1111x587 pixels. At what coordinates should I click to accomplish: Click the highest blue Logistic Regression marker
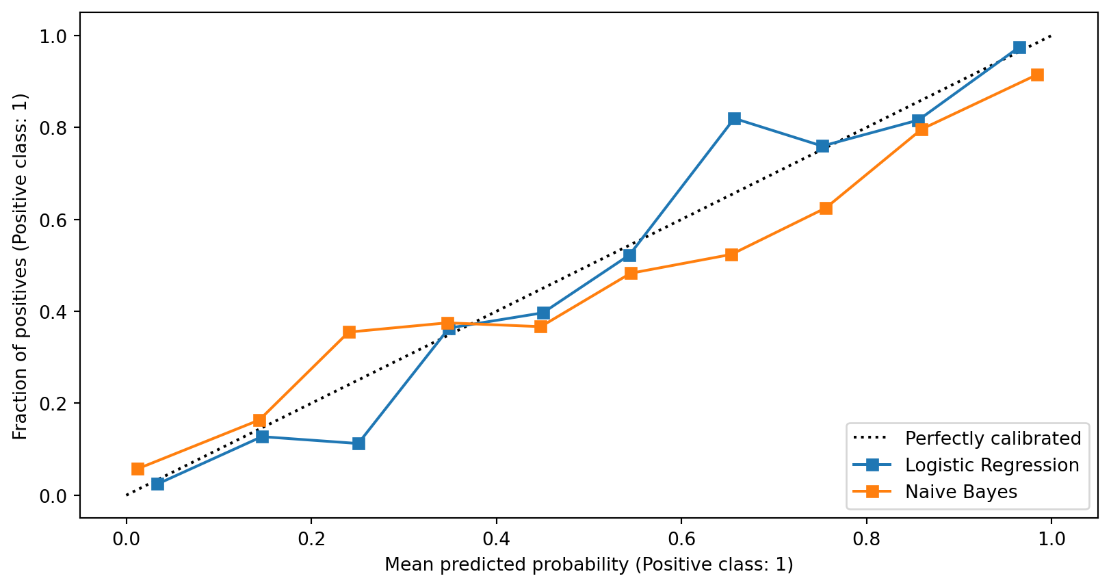coord(1019,47)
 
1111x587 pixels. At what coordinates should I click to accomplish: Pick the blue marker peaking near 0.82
coord(734,118)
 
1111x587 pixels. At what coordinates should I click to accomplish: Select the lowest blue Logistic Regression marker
coord(157,484)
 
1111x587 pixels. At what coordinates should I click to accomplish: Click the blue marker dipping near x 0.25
coord(358,443)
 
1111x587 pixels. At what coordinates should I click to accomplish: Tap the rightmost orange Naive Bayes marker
coord(1037,75)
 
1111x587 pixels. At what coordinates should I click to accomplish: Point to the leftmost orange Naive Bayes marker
coord(138,469)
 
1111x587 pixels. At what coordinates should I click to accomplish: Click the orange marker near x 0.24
coord(349,332)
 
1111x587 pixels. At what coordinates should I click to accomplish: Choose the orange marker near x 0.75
coord(826,208)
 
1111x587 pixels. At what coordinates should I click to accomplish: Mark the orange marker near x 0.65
coord(731,255)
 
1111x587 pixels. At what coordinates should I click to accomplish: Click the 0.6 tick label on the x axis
coord(681,539)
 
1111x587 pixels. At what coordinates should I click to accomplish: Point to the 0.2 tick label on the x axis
coord(311,539)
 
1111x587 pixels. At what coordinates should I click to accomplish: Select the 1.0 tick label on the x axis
coord(1051,539)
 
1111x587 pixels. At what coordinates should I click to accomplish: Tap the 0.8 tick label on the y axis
coord(54,128)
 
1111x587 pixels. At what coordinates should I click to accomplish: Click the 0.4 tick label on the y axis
coord(54,312)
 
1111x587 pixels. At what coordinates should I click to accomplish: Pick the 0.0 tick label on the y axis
coord(54,496)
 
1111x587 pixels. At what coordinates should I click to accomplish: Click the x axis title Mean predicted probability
coord(588,565)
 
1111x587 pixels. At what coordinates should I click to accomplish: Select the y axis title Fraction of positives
coord(21,266)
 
